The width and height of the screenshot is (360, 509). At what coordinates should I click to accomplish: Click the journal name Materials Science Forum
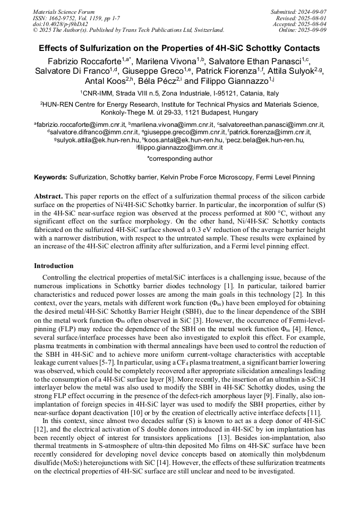click(64, 12)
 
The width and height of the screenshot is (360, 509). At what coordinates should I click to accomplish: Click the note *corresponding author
click(179, 158)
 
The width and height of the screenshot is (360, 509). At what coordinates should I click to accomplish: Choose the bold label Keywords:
click(50, 177)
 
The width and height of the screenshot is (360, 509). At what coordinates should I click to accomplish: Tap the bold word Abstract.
click(48, 196)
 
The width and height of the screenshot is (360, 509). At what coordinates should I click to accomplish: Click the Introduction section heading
click(54, 265)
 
